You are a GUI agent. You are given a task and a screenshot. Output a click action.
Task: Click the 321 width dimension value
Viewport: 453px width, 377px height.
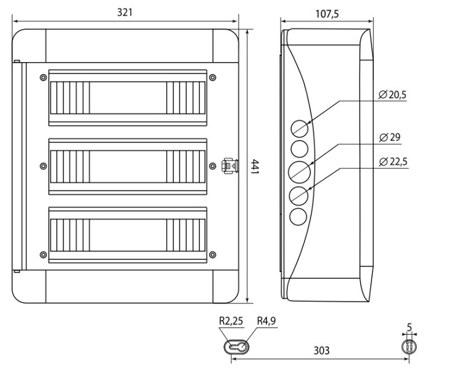pyautogui.click(x=125, y=13)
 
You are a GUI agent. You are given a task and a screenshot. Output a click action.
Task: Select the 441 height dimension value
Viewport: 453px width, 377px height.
pyautogui.click(x=254, y=166)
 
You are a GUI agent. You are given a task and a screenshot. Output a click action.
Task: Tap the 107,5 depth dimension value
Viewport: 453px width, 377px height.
pyautogui.click(x=327, y=14)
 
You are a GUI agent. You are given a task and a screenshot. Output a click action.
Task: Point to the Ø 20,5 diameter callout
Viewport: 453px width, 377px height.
pyautogui.click(x=393, y=95)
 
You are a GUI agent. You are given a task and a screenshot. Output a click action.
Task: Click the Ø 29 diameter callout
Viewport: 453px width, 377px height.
pyautogui.click(x=390, y=138)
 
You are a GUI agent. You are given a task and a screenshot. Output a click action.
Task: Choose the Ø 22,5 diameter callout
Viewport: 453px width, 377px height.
pyautogui.click(x=393, y=162)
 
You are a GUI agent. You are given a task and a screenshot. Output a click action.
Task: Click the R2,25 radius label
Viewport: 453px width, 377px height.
pyautogui.click(x=231, y=321)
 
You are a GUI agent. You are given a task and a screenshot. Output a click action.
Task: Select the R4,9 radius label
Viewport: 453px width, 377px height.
pyautogui.click(x=266, y=321)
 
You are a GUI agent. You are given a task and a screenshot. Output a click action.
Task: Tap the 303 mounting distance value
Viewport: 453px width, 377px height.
pyautogui.click(x=321, y=350)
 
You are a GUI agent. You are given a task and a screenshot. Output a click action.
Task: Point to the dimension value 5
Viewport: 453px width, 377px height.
pyautogui.click(x=409, y=327)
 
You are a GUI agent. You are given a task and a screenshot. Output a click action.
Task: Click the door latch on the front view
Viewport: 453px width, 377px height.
pyautogui.click(x=230, y=166)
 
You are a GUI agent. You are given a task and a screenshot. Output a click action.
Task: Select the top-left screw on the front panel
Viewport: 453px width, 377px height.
pyautogui.click(x=43, y=77)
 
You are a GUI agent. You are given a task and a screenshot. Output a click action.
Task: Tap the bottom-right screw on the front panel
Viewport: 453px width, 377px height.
pyautogui.click(x=213, y=255)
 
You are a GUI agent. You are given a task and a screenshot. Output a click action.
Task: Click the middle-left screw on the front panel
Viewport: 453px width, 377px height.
pyautogui.click(x=43, y=166)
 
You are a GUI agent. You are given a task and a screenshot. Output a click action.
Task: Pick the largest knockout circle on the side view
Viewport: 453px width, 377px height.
pyautogui.click(x=300, y=172)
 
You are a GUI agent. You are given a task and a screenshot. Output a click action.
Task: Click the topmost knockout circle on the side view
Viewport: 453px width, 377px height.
pyautogui.click(x=300, y=128)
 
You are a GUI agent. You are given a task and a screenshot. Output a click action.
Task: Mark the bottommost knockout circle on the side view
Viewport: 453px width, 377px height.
pyautogui.click(x=298, y=217)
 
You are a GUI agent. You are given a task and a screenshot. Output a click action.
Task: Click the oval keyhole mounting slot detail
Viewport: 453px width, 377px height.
pyautogui.click(x=236, y=346)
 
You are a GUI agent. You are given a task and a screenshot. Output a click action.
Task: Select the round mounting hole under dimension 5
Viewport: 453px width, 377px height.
pyautogui.click(x=409, y=346)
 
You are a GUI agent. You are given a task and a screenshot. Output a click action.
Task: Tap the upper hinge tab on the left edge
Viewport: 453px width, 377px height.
pyautogui.click(x=17, y=61)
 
